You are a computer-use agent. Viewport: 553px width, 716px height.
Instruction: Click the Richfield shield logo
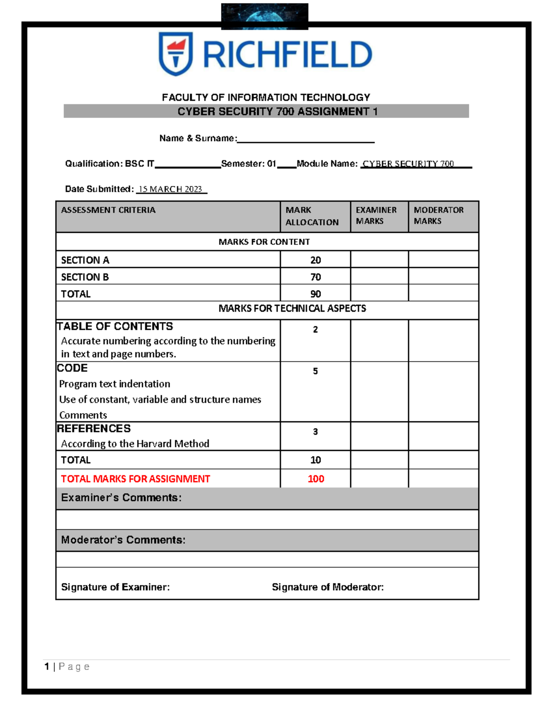pos(176,53)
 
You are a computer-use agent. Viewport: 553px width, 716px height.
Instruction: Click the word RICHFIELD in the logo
pos(287,54)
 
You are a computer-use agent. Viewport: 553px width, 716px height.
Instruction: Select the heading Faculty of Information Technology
pos(266,97)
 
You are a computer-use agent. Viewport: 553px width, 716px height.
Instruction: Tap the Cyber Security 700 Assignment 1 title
pos(277,112)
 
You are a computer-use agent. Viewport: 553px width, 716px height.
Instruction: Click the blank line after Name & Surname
pos(306,139)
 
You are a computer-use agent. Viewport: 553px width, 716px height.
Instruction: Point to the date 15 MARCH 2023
pos(171,189)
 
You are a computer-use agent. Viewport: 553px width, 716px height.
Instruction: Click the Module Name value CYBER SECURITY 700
pos(408,164)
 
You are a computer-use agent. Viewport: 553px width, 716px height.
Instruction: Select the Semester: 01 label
pos(248,164)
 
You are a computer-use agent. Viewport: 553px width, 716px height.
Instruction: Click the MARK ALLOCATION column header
pos(312,216)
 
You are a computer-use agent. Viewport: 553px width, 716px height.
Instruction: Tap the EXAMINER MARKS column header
pos(376,215)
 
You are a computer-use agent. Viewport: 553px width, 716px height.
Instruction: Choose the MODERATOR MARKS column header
pos(438,215)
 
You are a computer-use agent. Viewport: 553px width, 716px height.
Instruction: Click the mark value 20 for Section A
pos(316,260)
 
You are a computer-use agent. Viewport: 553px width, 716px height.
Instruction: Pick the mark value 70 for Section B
pos(316,277)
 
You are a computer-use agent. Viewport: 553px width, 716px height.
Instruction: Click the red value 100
pos(316,479)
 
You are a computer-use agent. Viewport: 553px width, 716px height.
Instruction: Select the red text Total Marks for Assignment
pos(135,479)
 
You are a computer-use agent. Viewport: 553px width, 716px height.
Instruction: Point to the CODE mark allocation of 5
pos(315,371)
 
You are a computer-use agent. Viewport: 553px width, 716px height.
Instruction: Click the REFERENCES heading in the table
pos(94,428)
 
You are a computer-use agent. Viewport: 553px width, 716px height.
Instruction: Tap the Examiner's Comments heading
pos(121,498)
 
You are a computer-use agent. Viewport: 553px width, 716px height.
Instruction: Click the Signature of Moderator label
pos(328,587)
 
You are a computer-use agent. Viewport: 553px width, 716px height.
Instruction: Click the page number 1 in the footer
pos(47,667)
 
